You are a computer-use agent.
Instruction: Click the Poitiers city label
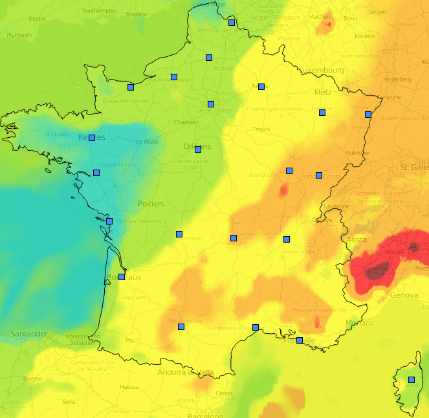point(151,204)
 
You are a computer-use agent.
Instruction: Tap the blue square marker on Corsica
point(412,380)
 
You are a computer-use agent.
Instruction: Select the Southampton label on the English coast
point(100,10)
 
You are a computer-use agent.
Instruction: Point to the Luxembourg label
point(320,70)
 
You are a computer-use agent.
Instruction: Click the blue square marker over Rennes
point(92,138)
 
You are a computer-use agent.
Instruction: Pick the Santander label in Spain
point(28,334)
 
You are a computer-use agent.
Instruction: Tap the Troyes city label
point(261,129)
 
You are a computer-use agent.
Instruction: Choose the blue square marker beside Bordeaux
point(122,277)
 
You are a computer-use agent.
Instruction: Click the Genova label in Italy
point(404,295)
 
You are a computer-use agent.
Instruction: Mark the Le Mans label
point(147,142)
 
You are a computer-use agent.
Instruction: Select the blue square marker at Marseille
point(300,340)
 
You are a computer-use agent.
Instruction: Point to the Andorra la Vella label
point(186,372)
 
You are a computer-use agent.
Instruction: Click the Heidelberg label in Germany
point(397,79)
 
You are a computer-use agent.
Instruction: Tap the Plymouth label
point(19,36)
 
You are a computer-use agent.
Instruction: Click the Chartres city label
point(185,122)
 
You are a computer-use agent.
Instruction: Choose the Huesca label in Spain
point(129,387)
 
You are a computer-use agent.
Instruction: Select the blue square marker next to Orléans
point(198,149)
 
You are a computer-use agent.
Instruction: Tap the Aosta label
point(357,239)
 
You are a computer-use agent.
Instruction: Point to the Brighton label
point(137,14)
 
